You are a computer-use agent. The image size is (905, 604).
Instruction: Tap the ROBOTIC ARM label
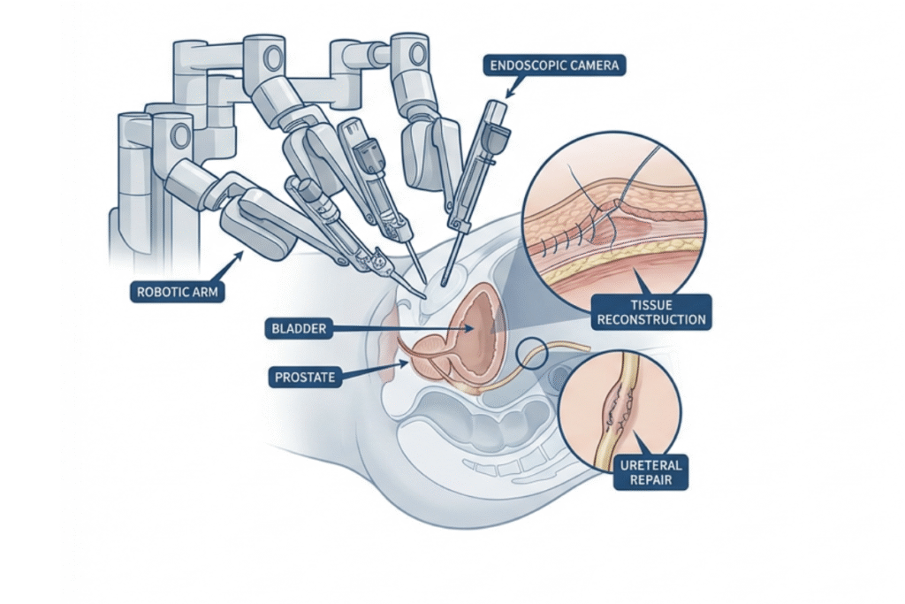(177, 291)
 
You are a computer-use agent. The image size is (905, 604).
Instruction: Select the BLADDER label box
(300, 329)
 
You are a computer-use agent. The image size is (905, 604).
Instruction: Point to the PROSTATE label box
(305, 377)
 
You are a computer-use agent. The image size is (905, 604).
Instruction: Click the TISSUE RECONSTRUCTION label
(651, 312)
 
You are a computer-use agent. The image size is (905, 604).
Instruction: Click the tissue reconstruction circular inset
(614, 212)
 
